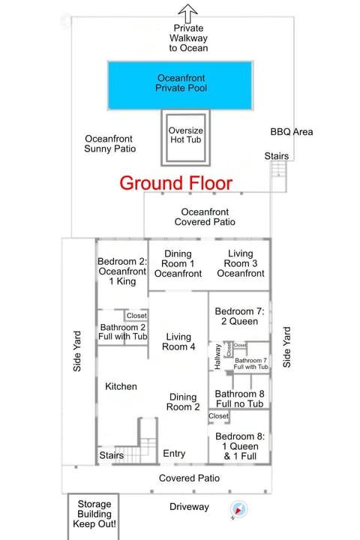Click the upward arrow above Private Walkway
(187, 11)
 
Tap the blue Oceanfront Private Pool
(181, 82)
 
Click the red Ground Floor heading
(176, 182)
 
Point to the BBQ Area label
(291, 132)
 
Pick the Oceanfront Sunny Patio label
(110, 143)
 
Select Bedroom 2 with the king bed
(121, 272)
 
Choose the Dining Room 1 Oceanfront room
(178, 264)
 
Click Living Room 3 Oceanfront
(240, 264)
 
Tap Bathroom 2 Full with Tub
(123, 331)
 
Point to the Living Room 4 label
(178, 342)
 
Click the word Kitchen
(121, 386)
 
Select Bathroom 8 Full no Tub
(239, 399)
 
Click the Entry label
(174, 454)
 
